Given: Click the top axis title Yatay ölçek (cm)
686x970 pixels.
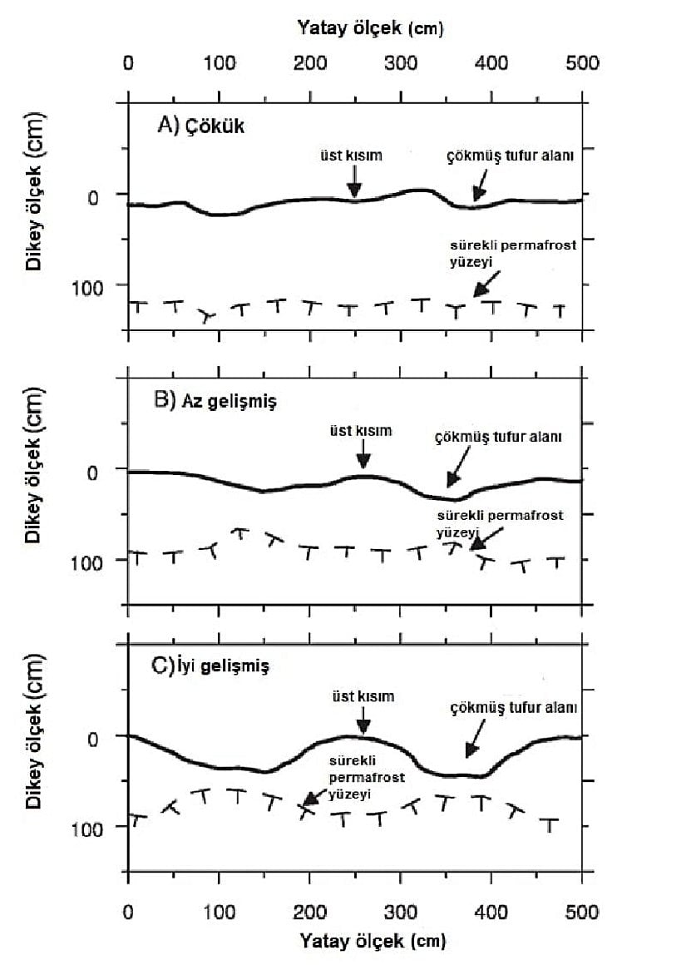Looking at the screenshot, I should (x=370, y=27).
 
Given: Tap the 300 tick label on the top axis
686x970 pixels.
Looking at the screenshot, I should (x=401, y=63).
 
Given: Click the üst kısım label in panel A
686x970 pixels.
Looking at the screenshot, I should (x=353, y=155).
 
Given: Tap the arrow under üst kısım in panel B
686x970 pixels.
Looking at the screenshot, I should (x=363, y=457).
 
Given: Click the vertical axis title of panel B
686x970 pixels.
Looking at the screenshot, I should (x=33, y=473).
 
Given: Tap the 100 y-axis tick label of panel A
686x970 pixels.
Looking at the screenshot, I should (x=98, y=286).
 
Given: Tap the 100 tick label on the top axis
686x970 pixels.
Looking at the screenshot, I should (x=219, y=63).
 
